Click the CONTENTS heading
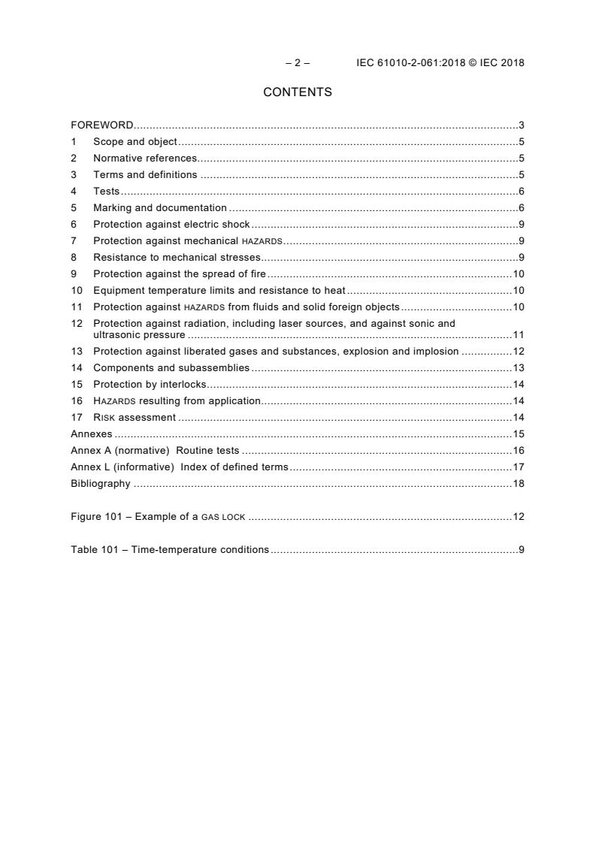point(298,92)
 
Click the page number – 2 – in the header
point(298,63)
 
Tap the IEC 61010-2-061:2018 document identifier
point(405,63)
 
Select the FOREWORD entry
point(102,125)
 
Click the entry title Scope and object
point(135,141)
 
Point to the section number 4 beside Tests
point(74,192)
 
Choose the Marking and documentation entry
point(160,207)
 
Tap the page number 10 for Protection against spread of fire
point(518,274)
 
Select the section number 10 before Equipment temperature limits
point(76,291)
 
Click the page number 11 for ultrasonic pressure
point(518,334)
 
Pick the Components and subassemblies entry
point(171,367)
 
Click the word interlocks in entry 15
point(181,384)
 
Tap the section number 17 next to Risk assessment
point(76,417)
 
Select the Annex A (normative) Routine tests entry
point(155,450)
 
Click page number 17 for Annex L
point(518,467)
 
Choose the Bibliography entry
point(101,483)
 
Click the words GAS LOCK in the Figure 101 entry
point(224,517)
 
